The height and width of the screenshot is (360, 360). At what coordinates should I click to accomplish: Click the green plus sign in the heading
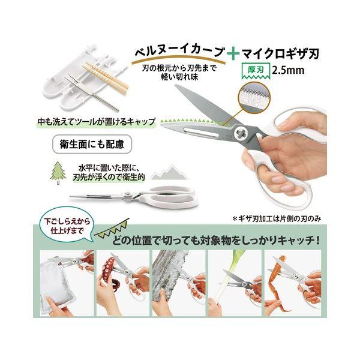coord(233,54)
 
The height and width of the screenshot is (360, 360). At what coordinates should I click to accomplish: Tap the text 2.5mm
coord(288,70)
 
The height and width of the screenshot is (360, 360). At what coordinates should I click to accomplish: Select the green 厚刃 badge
coord(256,70)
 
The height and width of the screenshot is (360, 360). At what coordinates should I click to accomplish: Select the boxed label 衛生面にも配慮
coord(92,144)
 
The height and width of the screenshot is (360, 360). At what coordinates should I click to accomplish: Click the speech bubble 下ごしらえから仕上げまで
coord(67,226)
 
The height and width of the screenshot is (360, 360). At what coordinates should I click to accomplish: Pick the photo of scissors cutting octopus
coord(123,283)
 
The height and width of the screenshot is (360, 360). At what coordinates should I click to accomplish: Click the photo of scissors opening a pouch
coord(67,283)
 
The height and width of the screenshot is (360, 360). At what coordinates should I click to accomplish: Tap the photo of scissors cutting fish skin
coord(179,283)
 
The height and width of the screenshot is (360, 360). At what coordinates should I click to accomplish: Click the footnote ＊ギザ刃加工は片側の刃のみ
coord(277,218)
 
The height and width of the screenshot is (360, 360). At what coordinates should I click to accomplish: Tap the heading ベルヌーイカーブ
coord(179,52)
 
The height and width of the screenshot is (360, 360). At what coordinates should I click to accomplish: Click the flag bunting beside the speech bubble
coord(112,229)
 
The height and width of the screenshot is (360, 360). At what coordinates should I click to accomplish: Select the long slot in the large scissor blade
coord(201,133)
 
